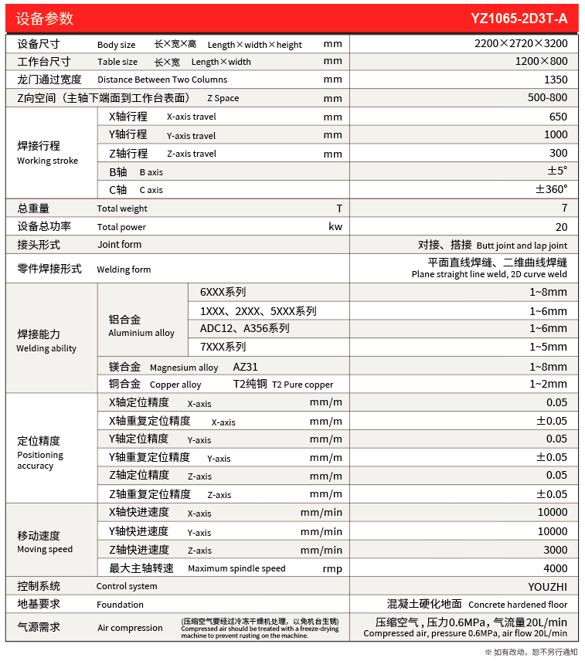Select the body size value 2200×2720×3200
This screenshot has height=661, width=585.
(520, 44)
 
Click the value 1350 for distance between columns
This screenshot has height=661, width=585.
(555, 80)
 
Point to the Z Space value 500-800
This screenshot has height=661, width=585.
(547, 98)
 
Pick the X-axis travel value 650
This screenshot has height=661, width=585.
(558, 117)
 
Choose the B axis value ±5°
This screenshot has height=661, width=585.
(557, 171)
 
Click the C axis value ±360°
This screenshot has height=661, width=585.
(552, 189)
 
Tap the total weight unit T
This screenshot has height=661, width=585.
(338, 208)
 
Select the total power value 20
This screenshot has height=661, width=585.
(561, 227)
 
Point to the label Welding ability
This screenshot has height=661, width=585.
(46, 348)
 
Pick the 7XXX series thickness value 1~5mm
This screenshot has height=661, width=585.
(548, 347)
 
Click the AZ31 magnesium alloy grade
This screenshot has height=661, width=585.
(246, 368)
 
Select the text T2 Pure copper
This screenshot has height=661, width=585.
(303, 385)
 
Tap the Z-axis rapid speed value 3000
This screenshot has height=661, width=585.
(555, 550)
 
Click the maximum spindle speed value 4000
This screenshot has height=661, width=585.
(555, 568)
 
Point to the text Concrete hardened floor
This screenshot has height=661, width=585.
(518, 605)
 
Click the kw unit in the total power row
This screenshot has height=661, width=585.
(335, 227)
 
